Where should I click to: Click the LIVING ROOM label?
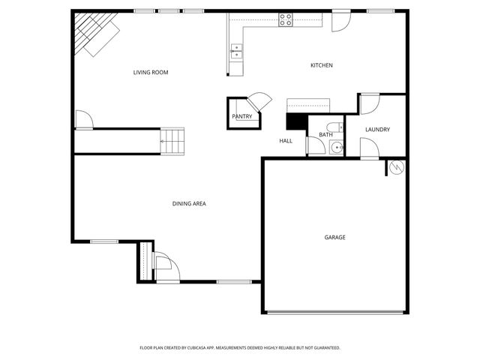coord(150,73)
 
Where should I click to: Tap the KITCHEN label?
coord(322,66)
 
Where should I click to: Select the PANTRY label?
coord(241,116)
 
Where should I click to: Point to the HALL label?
coord(286,141)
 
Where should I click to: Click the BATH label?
coord(325,135)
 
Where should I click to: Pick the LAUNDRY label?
coord(377,130)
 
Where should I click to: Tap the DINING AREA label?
coord(189,203)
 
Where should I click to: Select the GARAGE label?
coord(334,238)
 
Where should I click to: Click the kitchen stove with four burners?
coord(286,20)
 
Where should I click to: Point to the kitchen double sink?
coord(237,52)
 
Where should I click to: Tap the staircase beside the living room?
coord(173,140)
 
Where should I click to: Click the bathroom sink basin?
coord(337,147)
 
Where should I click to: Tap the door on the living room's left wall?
coord(82,119)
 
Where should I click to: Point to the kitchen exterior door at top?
coord(340,21)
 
